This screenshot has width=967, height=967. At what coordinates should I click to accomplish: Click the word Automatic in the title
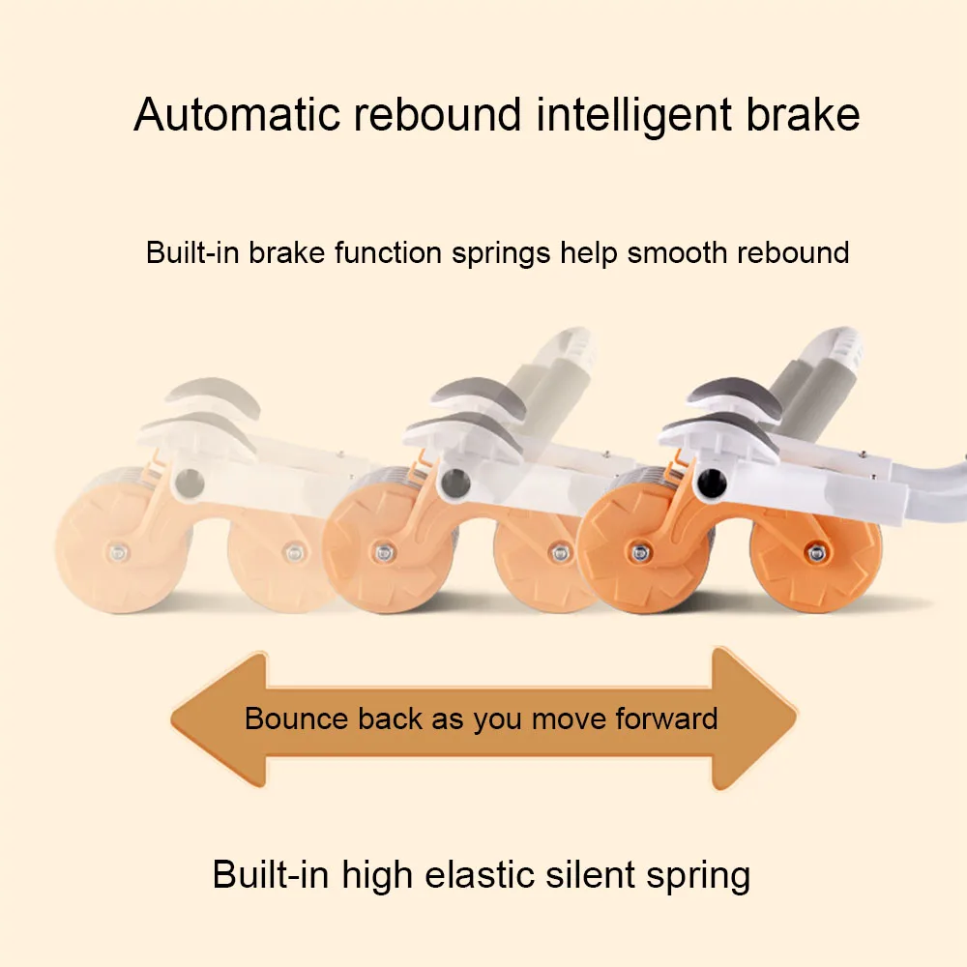[x=237, y=115]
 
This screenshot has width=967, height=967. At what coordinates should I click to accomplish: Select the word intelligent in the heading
[x=631, y=115]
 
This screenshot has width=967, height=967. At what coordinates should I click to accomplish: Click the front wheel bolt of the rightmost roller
[x=638, y=552]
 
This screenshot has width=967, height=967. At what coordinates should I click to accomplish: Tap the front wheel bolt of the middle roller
[x=382, y=552]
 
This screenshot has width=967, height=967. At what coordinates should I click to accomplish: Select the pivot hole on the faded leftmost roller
[x=190, y=481]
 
